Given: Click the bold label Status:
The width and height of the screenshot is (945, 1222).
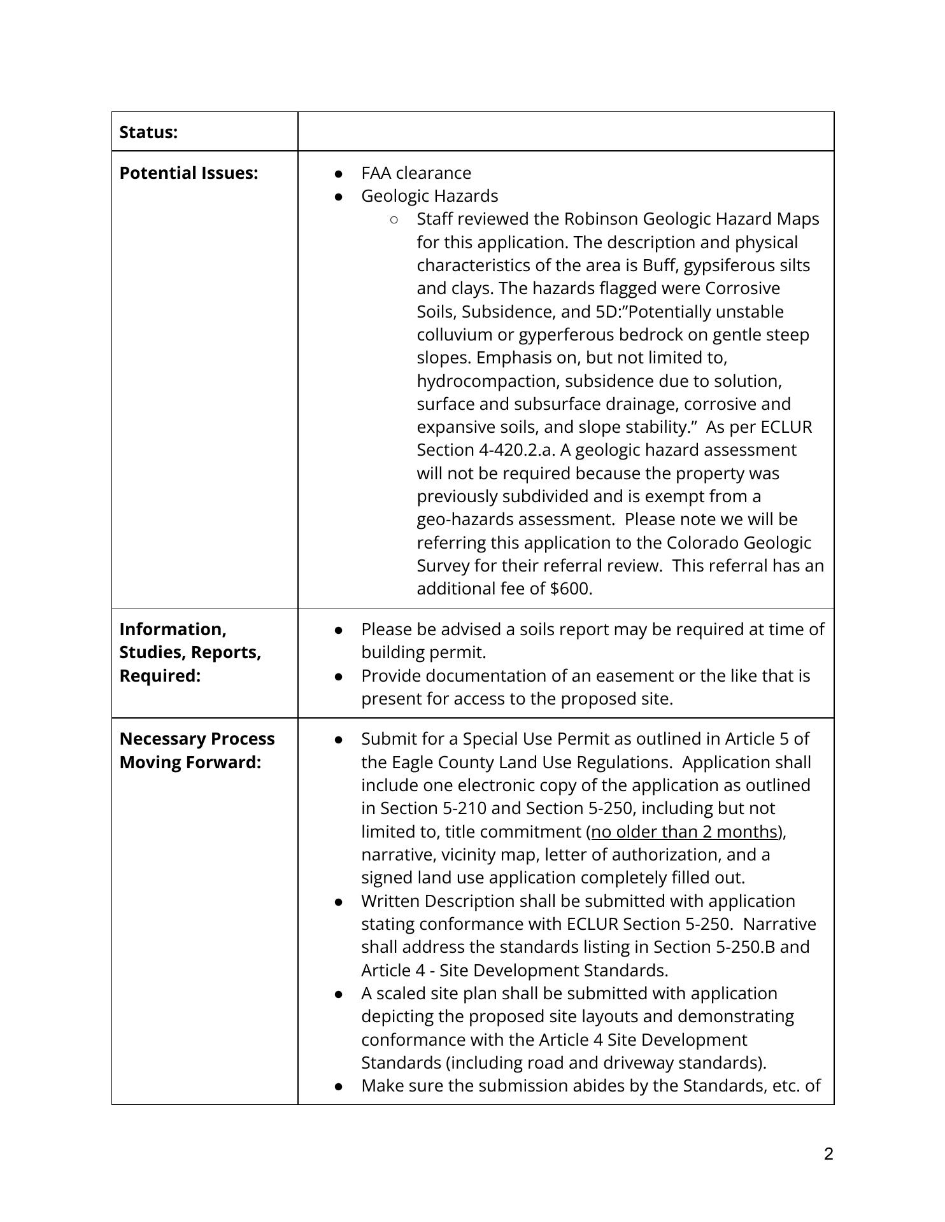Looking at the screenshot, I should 148,132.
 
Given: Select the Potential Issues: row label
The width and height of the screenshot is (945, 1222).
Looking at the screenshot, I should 188,173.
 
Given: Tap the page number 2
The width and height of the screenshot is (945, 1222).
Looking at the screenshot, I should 828,1154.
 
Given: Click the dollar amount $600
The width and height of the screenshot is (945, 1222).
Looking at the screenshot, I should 571,589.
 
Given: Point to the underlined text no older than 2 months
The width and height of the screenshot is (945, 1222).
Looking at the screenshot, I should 685,832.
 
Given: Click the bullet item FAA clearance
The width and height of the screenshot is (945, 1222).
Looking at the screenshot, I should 416,173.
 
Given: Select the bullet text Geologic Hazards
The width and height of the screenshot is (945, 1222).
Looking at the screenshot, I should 429,196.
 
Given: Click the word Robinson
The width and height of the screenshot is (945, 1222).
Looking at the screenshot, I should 601,219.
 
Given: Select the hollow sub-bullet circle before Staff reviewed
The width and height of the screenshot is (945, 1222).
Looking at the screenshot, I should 394,220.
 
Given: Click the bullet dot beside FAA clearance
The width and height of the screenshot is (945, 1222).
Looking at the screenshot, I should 339,174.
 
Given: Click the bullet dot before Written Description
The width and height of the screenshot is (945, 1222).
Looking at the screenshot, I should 339,902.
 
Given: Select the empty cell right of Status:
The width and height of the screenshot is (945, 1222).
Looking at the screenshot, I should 565,132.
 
